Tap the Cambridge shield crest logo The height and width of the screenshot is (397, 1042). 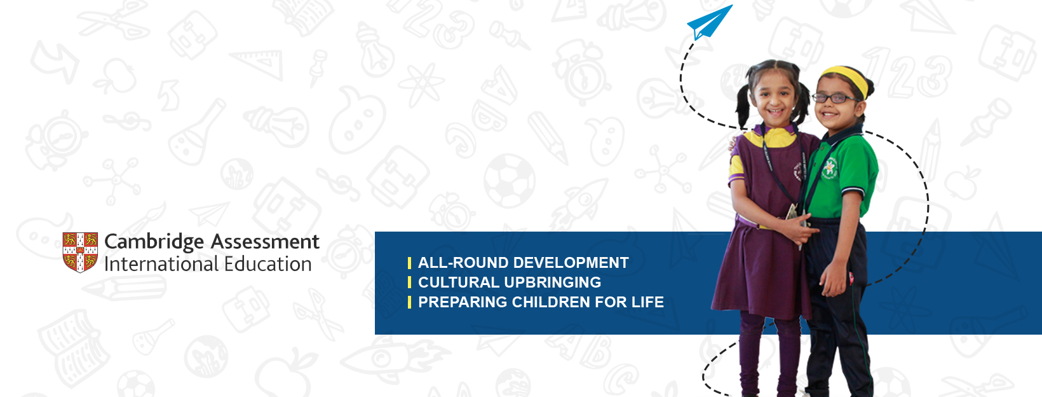pyautogui.click(x=80, y=252)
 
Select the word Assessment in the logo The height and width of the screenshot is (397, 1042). pyautogui.click(x=265, y=241)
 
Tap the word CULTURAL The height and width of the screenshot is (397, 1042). pyautogui.click(x=459, y=282)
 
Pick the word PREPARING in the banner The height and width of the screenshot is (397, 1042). pyautogui.click(x=463, y=302)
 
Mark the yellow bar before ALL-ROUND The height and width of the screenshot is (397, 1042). pyautogui.click(x=409, y=263)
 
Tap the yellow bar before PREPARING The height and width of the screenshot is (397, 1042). pyautogui.click(x=409, y=302)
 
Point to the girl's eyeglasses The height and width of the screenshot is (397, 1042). pyautogui.click(x=834, y=98)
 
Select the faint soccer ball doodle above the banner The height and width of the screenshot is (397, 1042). pyautogui.click(x=510, y=181)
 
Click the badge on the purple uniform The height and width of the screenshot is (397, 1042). pyautogui.click(x=798, y=172)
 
